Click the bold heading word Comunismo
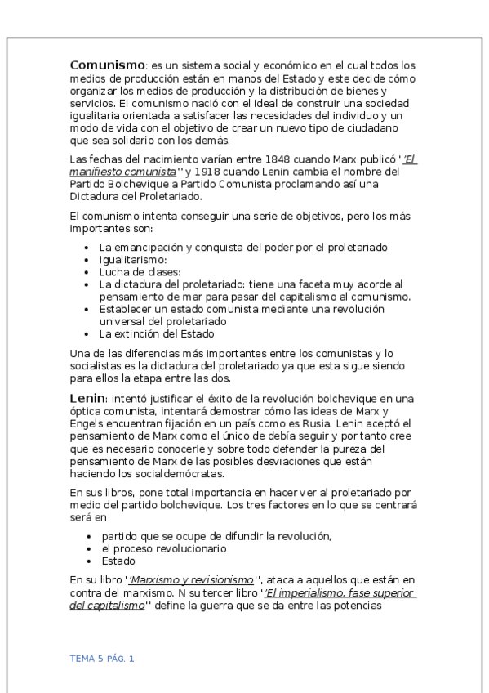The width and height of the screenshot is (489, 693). [x=107, y=65]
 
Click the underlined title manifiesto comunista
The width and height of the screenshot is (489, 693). [x=123, y=172]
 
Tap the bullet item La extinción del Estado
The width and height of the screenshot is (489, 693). [x=157, y=333]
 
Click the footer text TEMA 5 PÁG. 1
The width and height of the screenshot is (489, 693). [x=102, y=659]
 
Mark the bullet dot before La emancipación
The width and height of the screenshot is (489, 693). [x=88, y=247]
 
